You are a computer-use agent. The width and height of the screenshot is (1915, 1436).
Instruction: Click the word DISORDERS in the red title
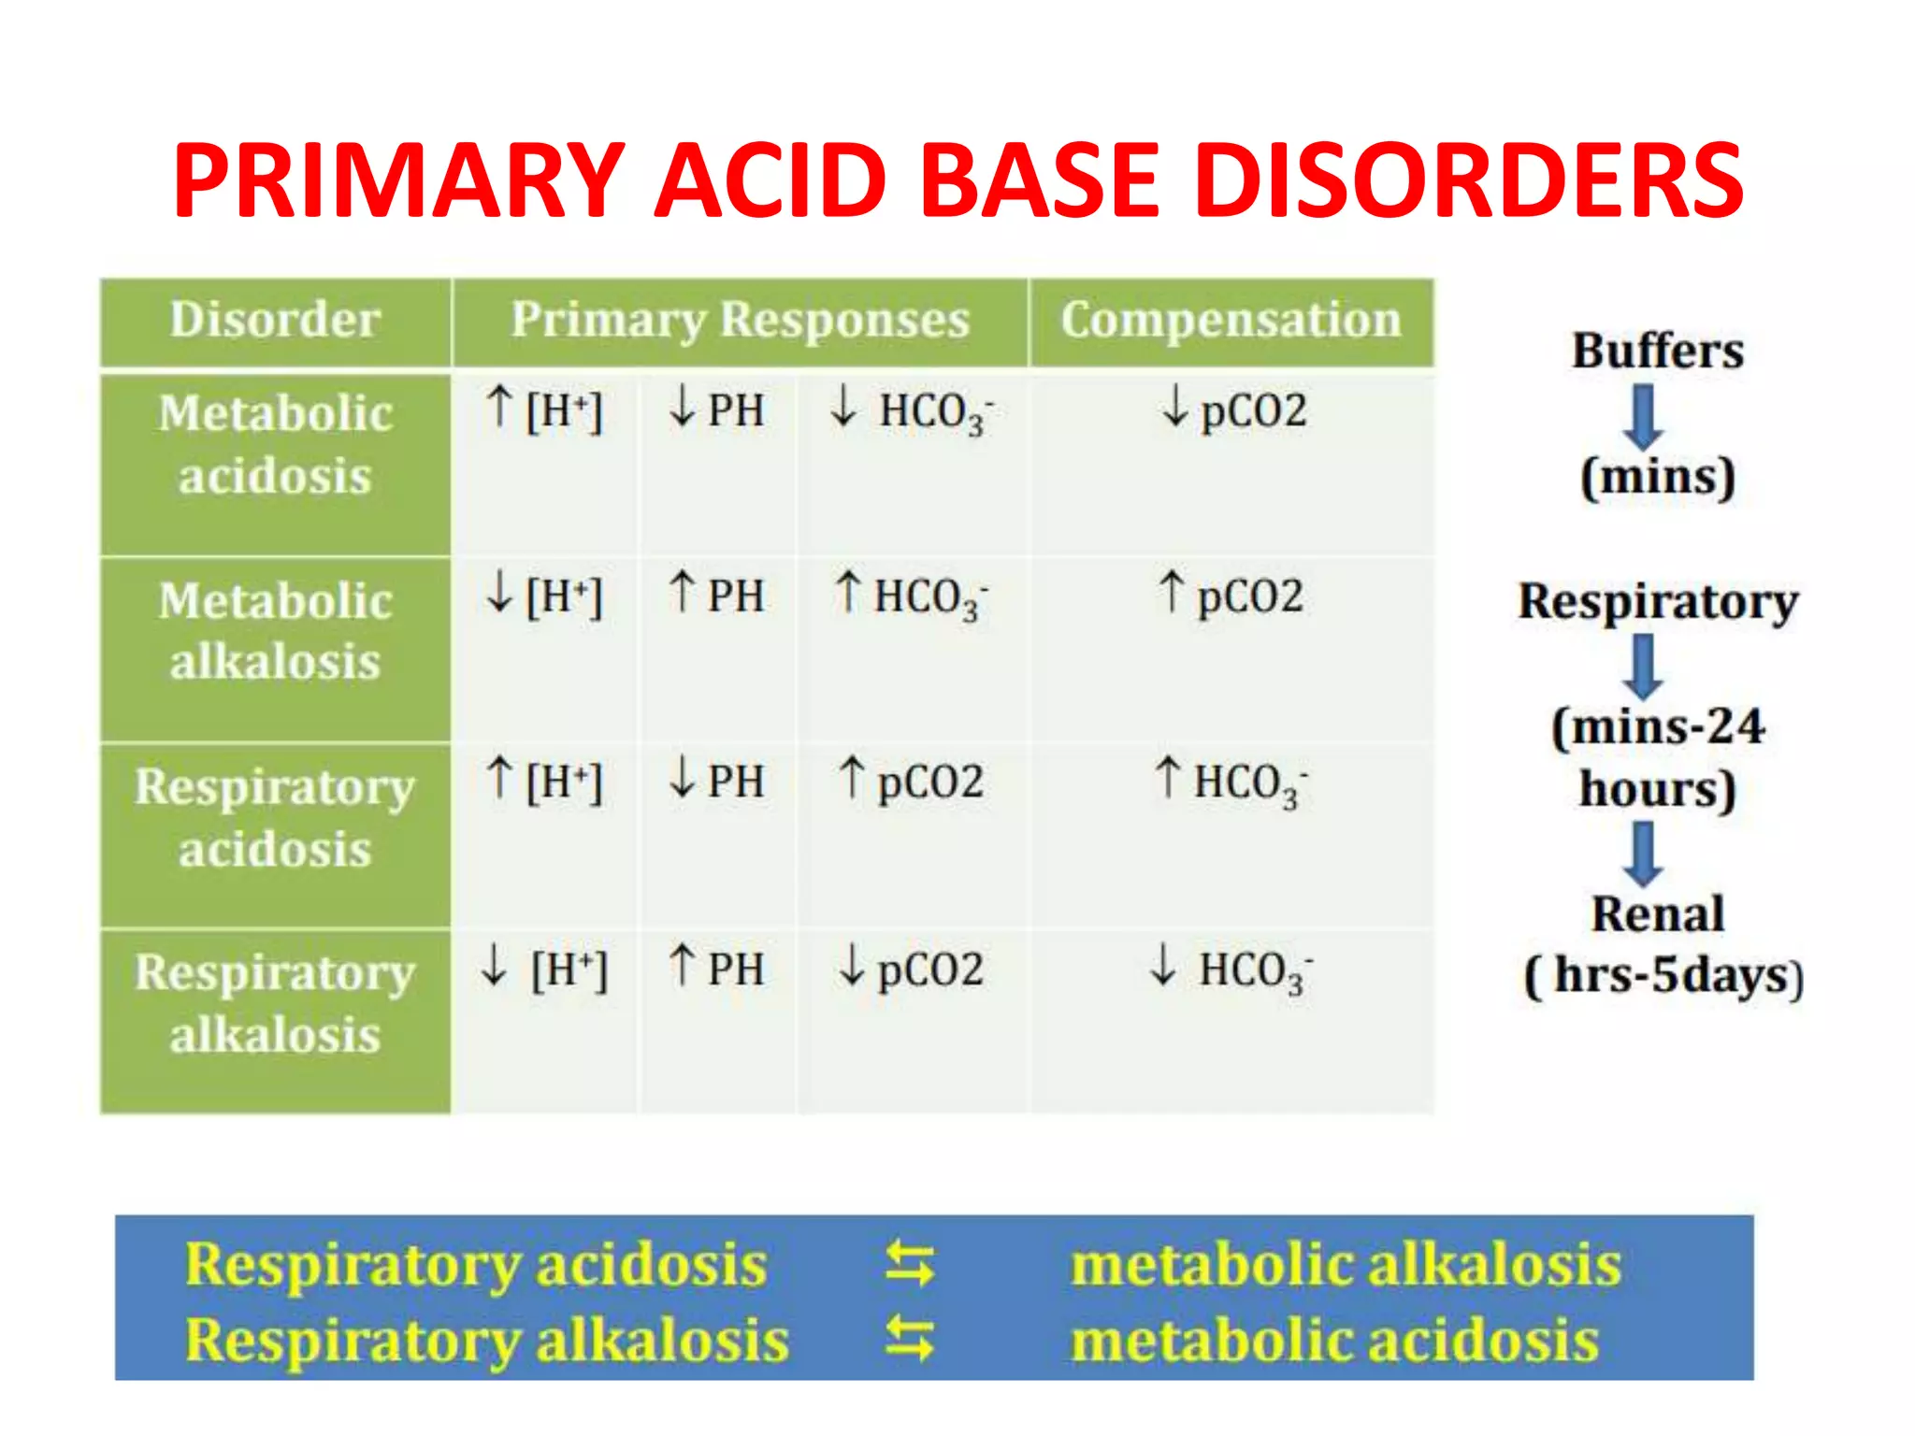coord(1468,179)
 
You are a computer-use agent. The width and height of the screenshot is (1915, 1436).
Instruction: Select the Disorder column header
coord(275,320)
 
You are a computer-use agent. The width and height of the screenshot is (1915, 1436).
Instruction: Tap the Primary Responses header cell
coord(740,320)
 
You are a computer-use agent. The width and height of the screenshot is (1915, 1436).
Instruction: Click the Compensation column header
coord(1231,320)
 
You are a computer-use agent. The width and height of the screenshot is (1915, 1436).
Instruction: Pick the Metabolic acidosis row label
coord(275,444)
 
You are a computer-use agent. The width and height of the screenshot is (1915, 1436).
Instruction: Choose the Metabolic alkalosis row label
coord(275,631)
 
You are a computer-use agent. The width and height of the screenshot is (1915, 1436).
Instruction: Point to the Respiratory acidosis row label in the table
coord(275,817)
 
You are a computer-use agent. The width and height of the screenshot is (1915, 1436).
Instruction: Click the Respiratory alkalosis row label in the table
coord(275,1003)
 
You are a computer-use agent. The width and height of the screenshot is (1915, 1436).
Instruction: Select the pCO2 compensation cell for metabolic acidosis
coord(1233,410)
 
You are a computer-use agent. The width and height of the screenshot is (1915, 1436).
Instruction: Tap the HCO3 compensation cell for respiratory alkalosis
coord(1231,969)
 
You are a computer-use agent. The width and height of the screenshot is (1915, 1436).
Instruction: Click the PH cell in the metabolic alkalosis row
coord(717,596)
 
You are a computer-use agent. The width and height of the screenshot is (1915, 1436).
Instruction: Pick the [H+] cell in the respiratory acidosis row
coord(545,781)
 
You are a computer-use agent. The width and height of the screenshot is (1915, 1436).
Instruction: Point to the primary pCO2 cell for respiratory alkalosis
coord(911,969)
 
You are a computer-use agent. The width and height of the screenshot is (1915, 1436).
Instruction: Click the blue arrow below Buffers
coord(1643,418)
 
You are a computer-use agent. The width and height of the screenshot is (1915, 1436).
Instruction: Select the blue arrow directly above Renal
coord(1643,853)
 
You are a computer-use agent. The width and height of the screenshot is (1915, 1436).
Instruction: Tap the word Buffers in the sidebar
coord(1657,352)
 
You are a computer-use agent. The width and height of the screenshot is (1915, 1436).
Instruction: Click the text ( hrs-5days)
coord(1663,975)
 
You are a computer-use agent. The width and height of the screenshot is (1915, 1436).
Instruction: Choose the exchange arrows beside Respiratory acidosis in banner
coord(909,1264)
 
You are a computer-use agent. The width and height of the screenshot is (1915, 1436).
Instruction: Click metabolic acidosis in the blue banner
coord(1334,1340)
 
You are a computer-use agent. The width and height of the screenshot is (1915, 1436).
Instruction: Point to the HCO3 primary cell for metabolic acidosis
coord(912,411)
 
